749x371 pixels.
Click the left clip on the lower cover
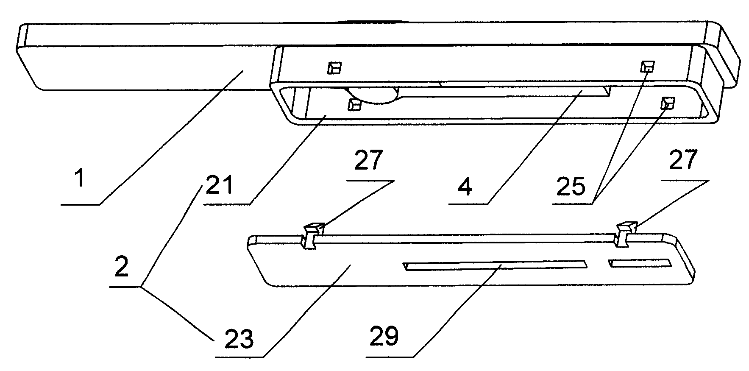(313, 235)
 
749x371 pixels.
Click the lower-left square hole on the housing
(354, 104)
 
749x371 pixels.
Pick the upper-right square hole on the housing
(647, 66)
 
